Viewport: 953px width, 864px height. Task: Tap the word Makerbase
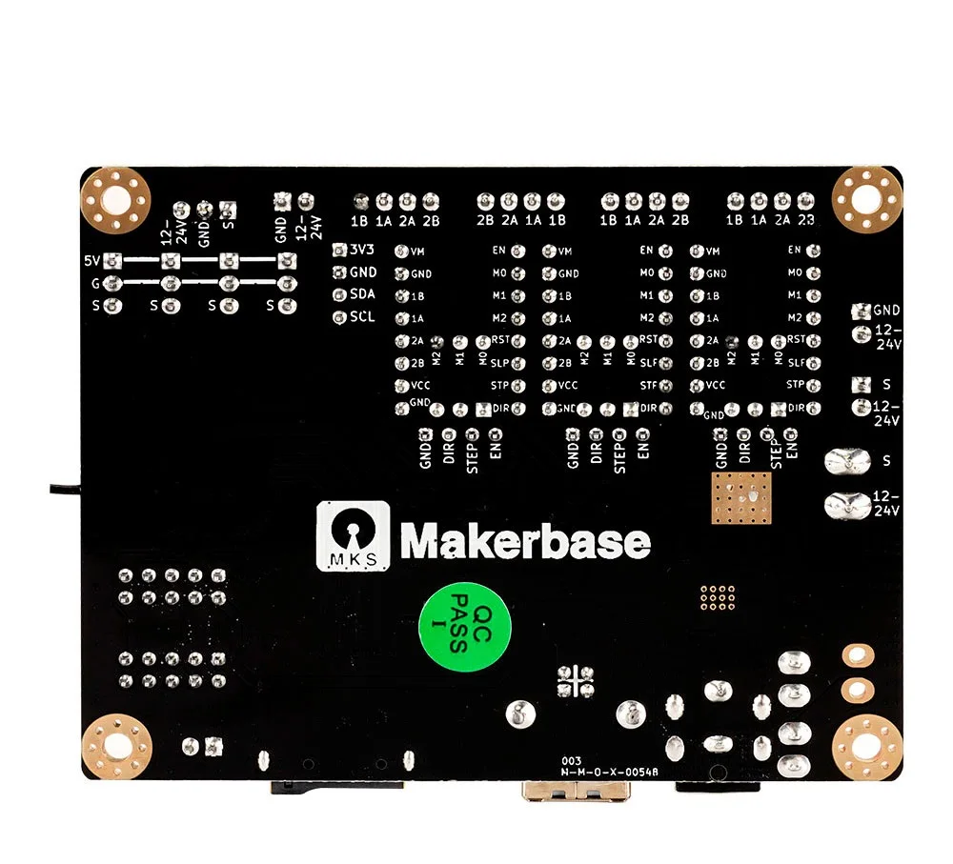tap(525, 541)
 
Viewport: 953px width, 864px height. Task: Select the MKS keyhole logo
tap(353, 536)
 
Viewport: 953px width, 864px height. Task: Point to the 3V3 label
tap(363, 251)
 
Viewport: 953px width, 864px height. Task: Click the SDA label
tap(362, 294)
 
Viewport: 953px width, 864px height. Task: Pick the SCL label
tap(362, 316)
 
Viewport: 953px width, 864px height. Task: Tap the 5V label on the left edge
tap(91, 261)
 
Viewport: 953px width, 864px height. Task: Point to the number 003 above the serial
tap(572, 760)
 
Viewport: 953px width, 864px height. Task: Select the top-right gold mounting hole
tap(866, 199)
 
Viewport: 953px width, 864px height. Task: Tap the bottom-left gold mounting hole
tap(117, 746)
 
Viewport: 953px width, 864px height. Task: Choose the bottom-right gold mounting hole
tap(866, 746)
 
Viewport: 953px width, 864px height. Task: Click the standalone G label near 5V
tap(94, 284)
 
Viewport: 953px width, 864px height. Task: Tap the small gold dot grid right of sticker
tap(718, 597)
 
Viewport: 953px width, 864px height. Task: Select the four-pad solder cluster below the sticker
tap(576, 680)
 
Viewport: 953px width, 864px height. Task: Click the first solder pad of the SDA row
tap(338, 295)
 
